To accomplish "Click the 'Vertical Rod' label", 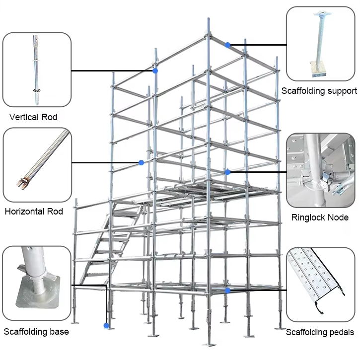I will tap(33, 118).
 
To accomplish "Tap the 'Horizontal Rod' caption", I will tap(34, 212).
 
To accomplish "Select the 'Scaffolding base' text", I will tap(36, 332).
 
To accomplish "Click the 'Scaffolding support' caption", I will tap(319, 91).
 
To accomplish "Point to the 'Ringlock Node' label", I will tap(319, 217).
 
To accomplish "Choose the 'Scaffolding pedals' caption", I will tap(320, 332).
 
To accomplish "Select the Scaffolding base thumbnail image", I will tap(36, 284).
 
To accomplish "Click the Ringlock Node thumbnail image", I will tap(319, 171).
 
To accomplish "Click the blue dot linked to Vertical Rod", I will tap(155, 71).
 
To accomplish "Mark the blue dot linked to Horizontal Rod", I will tap(142, 163).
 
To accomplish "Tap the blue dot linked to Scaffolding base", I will tap(106, 326).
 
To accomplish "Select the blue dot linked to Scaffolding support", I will tap(227, 45).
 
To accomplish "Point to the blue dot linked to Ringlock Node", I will tap(227, 172).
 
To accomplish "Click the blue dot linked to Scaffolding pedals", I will tap(227, 290).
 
